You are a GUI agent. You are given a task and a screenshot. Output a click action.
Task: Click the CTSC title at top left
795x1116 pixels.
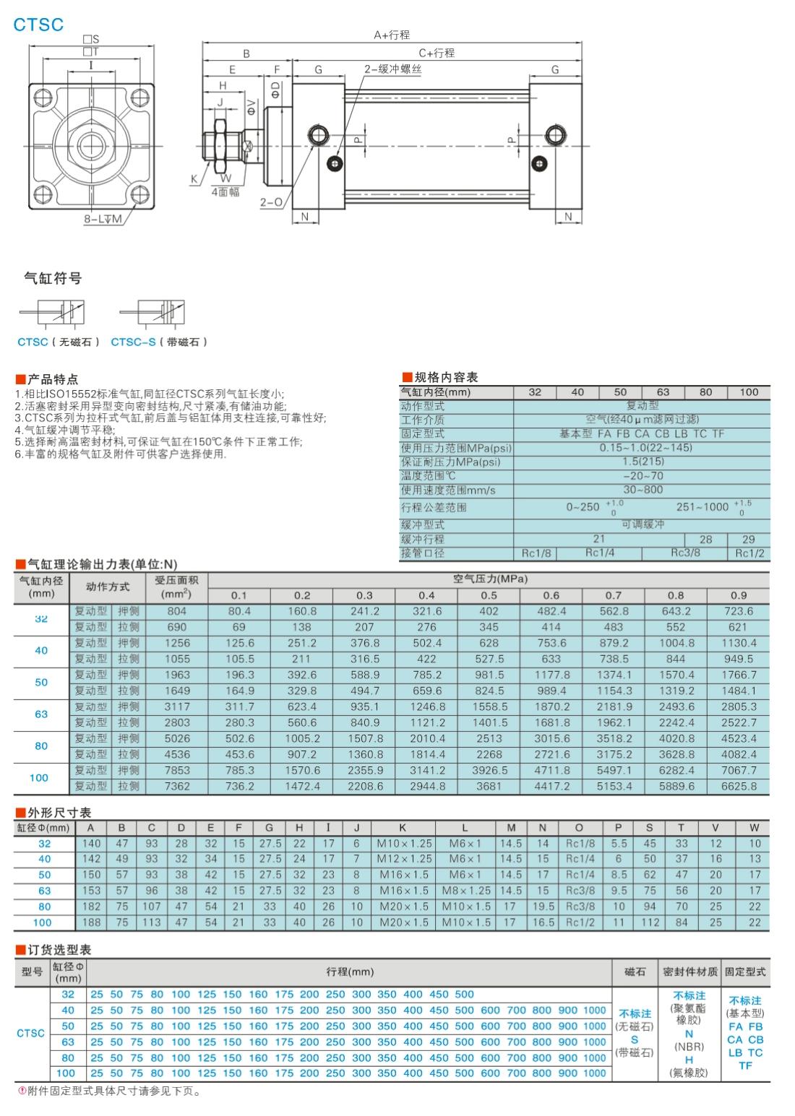pyautogui.click(x=39, y=25)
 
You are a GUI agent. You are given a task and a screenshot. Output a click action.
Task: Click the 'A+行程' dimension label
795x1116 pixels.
pyautogui.click(x=392, y=35)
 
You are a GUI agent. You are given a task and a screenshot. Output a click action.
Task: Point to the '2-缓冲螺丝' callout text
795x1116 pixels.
pyautogui.click(x=392, y=69)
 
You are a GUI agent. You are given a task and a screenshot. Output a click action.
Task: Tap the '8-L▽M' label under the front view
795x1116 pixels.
pyautogui.click(x=103, y=218)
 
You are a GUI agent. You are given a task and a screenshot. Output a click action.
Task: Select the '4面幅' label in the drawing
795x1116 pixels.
pyautogui.click(x=225, y=192)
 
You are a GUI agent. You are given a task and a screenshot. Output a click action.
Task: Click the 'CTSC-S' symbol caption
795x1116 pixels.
pyautogui.click(x=132, y=342)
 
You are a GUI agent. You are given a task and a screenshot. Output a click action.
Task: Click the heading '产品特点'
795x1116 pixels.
pyautogui.click(x=53, y=379)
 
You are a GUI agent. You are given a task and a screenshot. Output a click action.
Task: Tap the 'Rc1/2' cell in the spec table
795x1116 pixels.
pyautogui.click(x=749, y=553)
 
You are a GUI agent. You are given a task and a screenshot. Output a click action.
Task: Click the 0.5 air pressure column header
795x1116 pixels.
pyautogui.click(x=489, y=596)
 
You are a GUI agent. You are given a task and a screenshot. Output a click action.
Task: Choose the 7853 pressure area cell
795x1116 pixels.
pyautogui.click(x=177, y=770)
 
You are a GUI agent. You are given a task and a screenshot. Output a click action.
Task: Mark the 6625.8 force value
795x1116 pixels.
pyautogui.click(x=739, y=786)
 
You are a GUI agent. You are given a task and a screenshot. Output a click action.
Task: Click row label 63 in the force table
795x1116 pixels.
pyautogui.click(x=41, y=714)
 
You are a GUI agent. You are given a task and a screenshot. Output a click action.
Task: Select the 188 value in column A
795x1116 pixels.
pyautogui.click(x=91, y=922)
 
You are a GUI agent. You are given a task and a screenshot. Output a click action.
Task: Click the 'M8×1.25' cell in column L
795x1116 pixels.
pyautogui.click(x=465, y=891)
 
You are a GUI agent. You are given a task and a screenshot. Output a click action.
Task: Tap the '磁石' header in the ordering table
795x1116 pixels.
pyautogui.click(x=635, y=972)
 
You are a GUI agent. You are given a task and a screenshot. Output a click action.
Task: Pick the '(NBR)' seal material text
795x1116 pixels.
pyautogui.click(x=689, y=1047)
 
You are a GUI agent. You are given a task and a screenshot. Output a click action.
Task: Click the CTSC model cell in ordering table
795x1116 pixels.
pyautogui.click(x=30, y=1034)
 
